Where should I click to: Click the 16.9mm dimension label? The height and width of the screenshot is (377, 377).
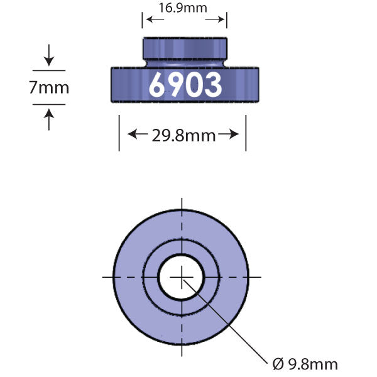click(185, 8)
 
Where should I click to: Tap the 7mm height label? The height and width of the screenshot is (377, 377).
click(49, 87)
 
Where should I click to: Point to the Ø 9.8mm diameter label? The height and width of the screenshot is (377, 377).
click(305, 364)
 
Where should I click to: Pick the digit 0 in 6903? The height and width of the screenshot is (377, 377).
click(194, 85)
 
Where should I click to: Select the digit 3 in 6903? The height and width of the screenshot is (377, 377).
click(212, 85)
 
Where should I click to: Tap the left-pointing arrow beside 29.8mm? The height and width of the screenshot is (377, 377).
click(136, 134)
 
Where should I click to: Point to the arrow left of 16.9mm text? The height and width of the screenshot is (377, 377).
click(152, 20)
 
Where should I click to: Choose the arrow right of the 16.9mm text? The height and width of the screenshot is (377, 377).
click(217, 20)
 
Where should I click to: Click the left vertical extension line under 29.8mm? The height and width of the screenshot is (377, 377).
click(119, 132)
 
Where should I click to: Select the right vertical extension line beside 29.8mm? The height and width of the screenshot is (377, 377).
click(246, 132)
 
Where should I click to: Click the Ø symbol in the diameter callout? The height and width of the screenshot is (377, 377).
click(278, 364)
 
